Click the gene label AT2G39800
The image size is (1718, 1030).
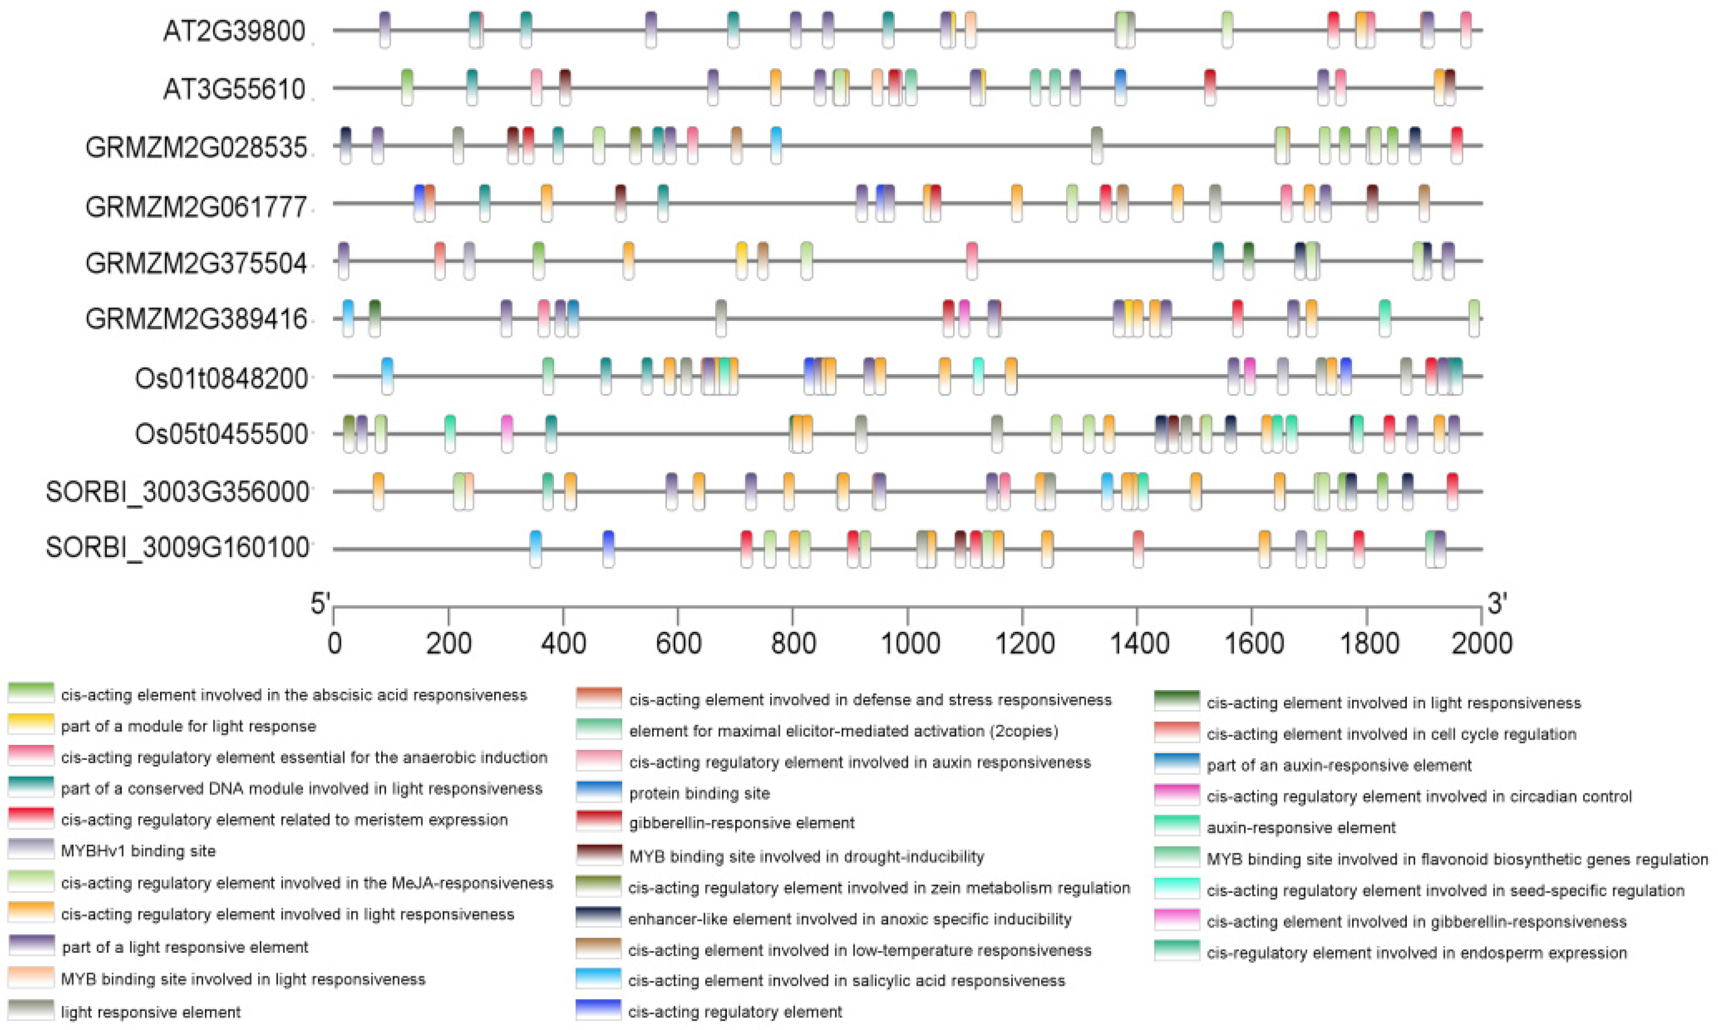click(234, 31)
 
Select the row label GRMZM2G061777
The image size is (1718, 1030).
click(196, 207)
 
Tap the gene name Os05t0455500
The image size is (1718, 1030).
click(221, 434)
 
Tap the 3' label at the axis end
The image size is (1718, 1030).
click(1496, 604)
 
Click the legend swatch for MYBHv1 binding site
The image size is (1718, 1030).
click(31, 849)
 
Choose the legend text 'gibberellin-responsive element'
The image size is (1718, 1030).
click(741, 823)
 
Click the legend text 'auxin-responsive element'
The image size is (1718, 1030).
click(1301, 828)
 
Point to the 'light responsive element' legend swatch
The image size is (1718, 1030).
click(31, 1010)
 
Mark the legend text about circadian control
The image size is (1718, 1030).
click(1419, 796)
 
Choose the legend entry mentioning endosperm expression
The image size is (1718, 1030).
click(1416, 953)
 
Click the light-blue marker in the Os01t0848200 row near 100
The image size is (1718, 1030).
click(387, 376)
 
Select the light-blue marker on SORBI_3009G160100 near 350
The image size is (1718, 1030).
click(536, 549)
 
